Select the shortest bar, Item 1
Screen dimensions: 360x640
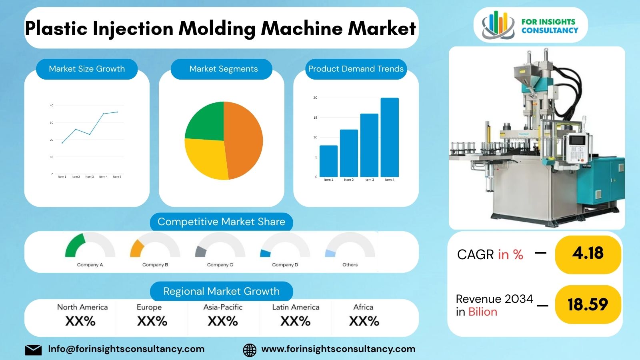(328, 161)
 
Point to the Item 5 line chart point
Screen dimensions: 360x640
(117, 112)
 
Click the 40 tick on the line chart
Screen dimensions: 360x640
(51, 106)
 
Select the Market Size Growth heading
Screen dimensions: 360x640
(87, 69)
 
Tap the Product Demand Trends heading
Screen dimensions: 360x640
(356, 69)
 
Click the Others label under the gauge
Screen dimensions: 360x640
(350, 265)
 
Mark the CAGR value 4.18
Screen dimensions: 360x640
(588, 253)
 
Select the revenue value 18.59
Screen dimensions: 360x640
(588, 304)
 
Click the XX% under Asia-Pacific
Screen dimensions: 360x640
(223, 321)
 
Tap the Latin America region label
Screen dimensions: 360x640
(296, 307)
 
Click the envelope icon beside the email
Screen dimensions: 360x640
(33, 350)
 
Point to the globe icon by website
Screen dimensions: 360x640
(250, 350)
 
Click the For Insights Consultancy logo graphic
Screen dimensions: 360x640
(498, 25)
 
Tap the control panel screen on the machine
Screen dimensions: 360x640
(576, 141)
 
